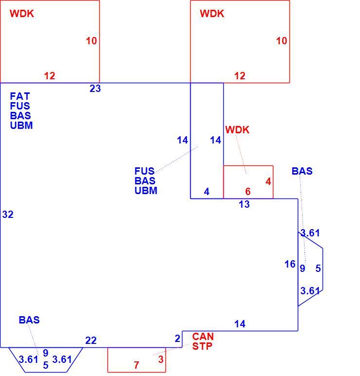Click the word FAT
pos(20,96)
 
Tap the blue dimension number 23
pos(95,89)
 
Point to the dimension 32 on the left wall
pos(8,215)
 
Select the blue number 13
pos(244,204)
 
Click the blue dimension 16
pos(290,264)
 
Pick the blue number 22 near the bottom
pos(91,340)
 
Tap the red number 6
pos(248,191)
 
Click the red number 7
pos(137,365)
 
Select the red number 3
pos(161,359)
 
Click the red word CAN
pos(203,337)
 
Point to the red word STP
pos(202,346)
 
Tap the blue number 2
pos(177,339)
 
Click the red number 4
pos(269,181)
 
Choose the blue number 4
pos(206,191)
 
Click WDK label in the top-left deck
pos(22,14)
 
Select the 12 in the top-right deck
pos(240,76)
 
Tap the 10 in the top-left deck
pos(91,41)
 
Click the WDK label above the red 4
pos(237,130)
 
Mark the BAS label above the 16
pos(302,171)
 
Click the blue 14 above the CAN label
pos(240,324)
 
